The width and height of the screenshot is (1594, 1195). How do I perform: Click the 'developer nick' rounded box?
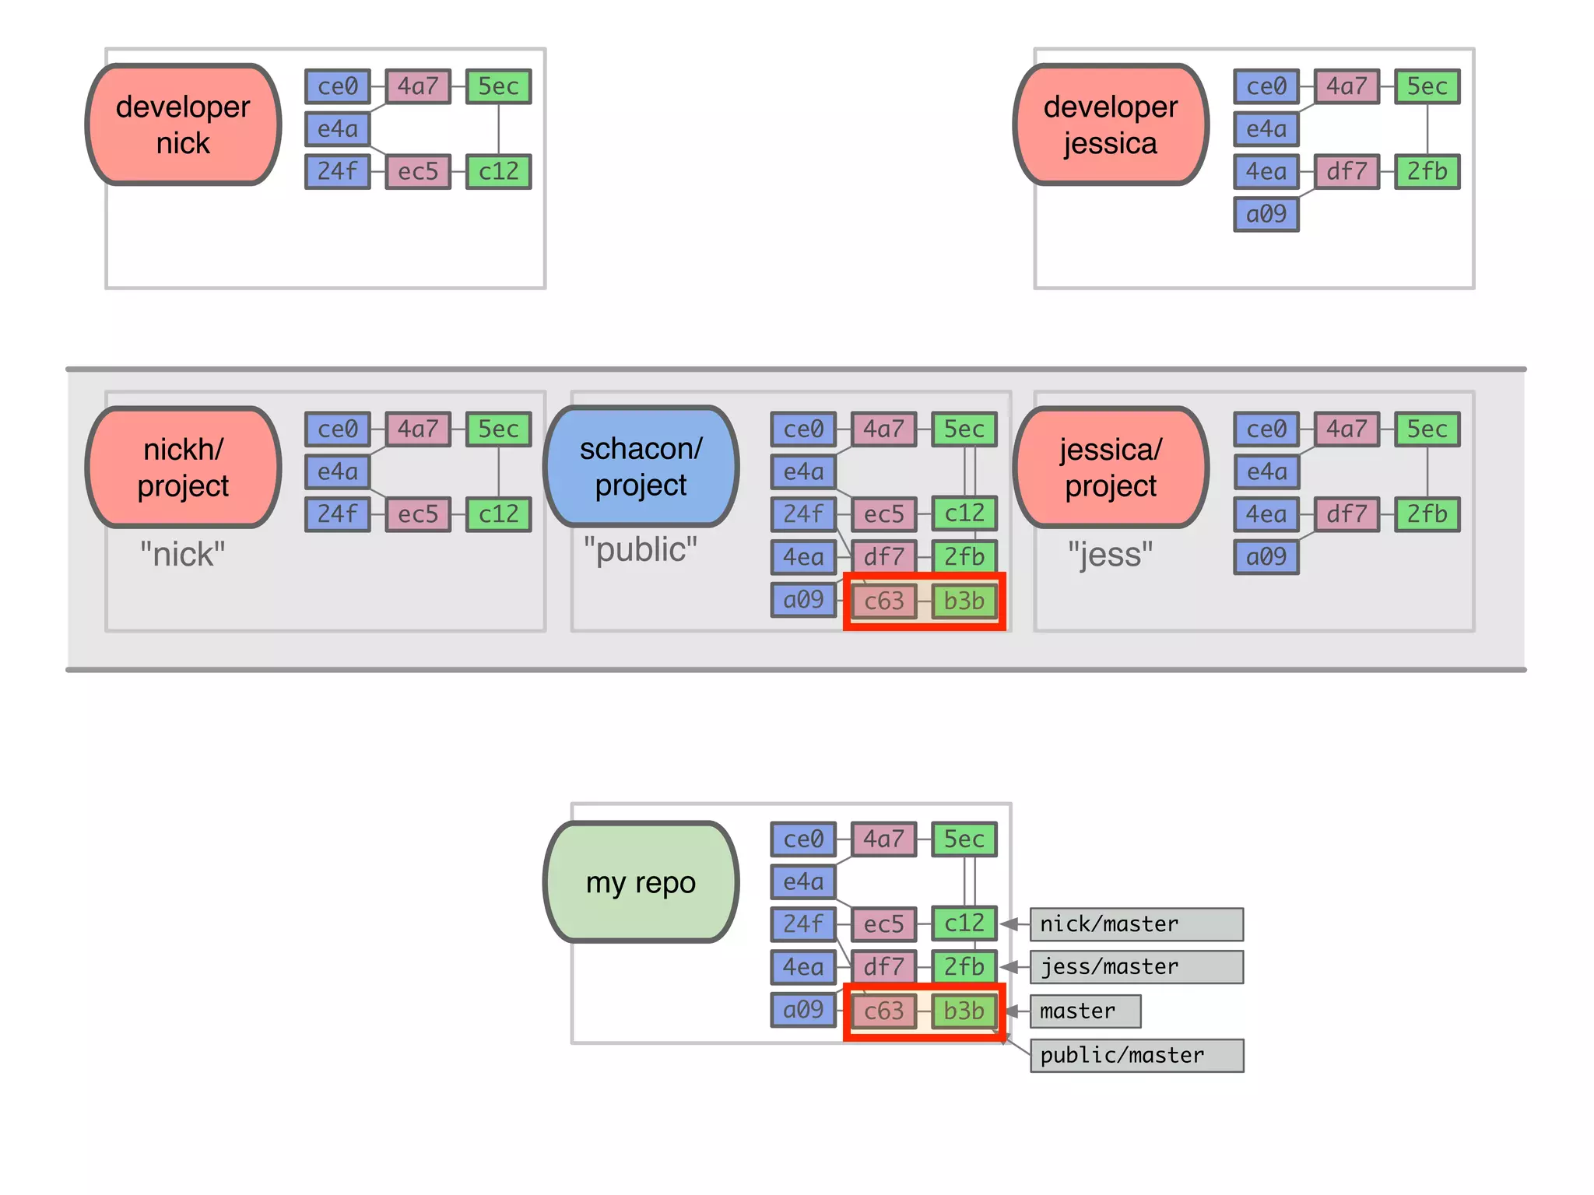point(183,124)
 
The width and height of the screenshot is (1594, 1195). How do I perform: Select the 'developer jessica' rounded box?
point(1111,124)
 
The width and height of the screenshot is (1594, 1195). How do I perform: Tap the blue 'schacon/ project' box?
point(641,466)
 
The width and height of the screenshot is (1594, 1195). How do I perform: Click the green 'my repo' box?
point(641,882)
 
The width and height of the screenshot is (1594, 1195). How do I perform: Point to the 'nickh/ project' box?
point(183,467)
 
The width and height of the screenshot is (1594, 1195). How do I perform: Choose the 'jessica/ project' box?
point(1111,467)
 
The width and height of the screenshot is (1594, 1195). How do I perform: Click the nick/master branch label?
point(1136,924)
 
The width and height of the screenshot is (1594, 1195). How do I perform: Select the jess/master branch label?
point(1136,967)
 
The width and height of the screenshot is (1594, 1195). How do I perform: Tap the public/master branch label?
point(1136,1056)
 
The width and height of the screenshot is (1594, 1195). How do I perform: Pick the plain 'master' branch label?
point(1085,1011)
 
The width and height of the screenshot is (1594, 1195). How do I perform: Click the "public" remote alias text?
point(641,549)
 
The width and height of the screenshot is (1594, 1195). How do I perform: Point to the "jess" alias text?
point(1111,555)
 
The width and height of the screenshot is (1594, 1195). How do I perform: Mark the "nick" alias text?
point(183,555)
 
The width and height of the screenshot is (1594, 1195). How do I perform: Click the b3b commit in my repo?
point(964,1011)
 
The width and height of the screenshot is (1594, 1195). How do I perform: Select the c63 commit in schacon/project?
point(884,601)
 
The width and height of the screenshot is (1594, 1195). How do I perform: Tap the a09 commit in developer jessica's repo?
point(1266,214)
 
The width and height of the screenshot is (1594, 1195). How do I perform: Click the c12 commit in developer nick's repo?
point(499,171)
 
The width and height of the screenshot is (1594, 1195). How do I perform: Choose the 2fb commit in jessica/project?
point(1427,514)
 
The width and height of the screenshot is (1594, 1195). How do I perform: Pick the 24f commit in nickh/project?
point(337,514)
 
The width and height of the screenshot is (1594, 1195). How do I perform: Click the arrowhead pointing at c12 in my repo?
point(1009,924)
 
